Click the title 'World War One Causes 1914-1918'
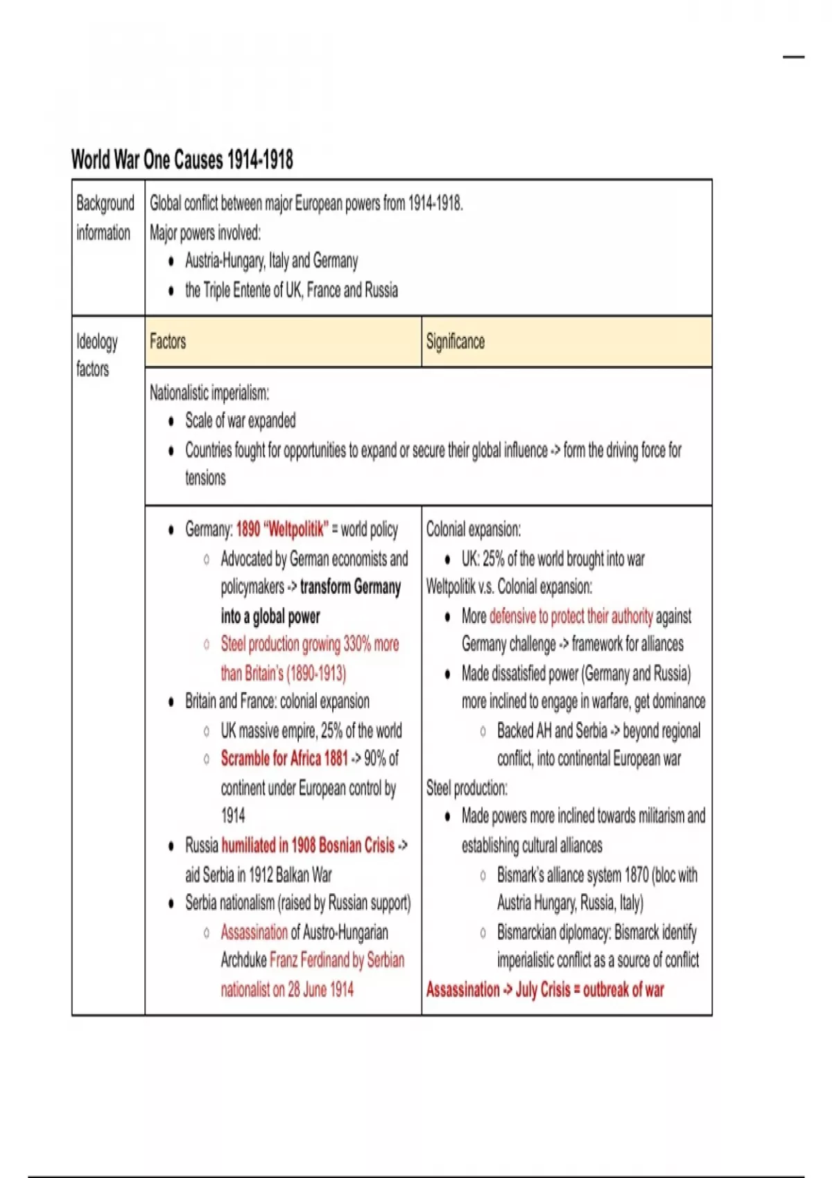[x=182, y=159]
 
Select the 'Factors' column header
[x=168, y=342]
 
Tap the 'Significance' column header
[x=455, y=342]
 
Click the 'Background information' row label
[x=105, y=218]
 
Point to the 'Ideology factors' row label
[x=96, y=355]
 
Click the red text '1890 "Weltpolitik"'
[x=281, y=530]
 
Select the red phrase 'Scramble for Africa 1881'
[x=284, y=759]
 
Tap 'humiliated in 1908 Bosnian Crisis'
[x=308, y=845]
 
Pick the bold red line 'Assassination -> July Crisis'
[x=545, y=990]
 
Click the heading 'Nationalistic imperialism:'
[x=209, y=393]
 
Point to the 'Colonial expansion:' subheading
[x=474, y=530]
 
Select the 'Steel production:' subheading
[x=467, y=788]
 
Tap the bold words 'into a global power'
[x=270, y=616]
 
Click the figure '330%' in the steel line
[x=357, y=644]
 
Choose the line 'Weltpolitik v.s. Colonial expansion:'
[x=509, y=587]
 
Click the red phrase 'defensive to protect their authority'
[x=571, y=616]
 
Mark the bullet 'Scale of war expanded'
[x=240, y=421]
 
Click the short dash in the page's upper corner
[x=794, y=57]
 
